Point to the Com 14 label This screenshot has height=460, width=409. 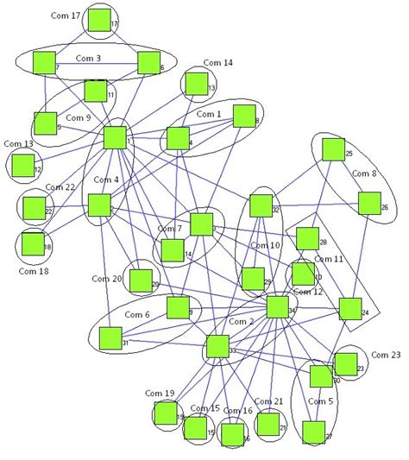217,63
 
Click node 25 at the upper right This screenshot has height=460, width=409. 333,149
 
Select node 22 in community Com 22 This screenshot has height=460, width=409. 34,207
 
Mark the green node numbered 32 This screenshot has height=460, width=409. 260,205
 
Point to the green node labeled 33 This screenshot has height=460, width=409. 217,348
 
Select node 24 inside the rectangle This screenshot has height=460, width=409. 349,309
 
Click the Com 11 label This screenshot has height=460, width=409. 328,258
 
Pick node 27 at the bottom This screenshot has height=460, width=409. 312,431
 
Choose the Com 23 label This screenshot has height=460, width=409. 385,355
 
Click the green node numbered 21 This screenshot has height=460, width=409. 268,423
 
